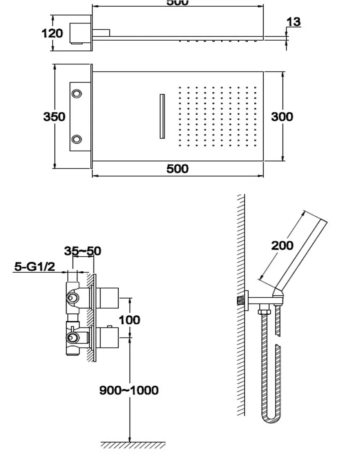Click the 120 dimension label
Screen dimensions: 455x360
click(52, 33)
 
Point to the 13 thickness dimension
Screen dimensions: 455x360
click(293, 22)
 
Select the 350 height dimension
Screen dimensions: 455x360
click(54, 117)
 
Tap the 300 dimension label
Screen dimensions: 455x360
click(282, 117)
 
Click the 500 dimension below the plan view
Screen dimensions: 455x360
click(177, 169)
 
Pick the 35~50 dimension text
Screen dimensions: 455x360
click(82, 251)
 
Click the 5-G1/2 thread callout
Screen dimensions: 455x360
click(34, 267)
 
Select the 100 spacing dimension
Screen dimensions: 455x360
click(130, 320)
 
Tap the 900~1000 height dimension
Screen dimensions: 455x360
click(129, 390)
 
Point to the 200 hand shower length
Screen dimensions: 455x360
click(282, 245)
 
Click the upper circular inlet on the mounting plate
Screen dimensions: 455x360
click(77, 94)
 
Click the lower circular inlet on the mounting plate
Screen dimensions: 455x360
click(77, 139)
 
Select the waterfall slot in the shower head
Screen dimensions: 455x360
click(162, 116)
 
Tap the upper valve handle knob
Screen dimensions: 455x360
click(107, 298)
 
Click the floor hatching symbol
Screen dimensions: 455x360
click(133, 445)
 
